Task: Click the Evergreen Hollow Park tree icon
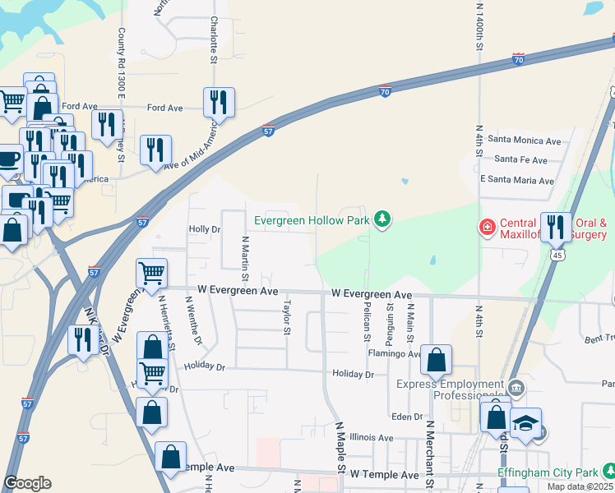[381, 219]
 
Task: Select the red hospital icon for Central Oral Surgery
[487, 225]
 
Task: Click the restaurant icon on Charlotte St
[219, 102]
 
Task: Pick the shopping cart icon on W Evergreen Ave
[152, 273]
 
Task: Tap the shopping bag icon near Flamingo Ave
[437, 359]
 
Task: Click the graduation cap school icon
[525, 423]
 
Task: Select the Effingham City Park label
[548, 473]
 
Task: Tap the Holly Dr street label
[205, 229]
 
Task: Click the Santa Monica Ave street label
[524, 141]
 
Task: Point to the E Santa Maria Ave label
[517, 181]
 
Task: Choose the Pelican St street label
[367, 316]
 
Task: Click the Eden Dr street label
[406, 417]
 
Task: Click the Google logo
[27, 483]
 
